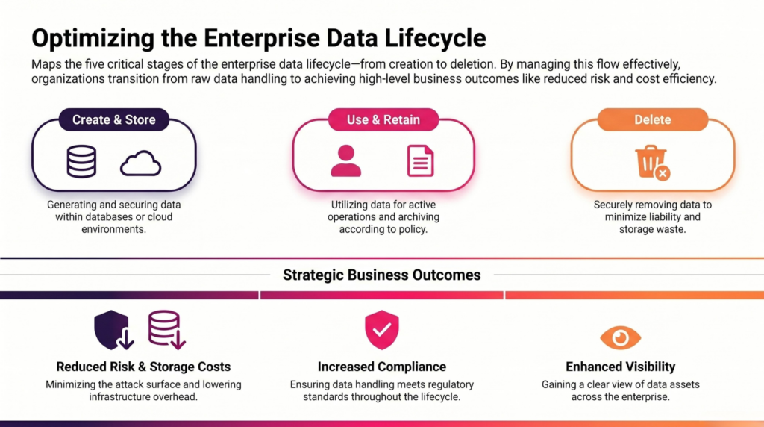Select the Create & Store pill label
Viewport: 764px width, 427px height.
[x=114, y=119]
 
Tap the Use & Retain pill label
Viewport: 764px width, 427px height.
[x=383, y=119]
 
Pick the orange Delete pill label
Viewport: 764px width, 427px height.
[x=652, y=119]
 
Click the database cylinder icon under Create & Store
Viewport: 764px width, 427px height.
[x=81, y=161]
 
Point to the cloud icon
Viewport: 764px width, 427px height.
[x=141, y=163]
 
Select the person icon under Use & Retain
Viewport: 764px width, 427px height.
[x=346, y=160]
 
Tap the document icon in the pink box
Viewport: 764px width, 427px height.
[x=421, y=160]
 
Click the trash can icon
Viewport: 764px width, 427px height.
[x=651, y=160]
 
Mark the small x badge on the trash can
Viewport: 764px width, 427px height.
[x=663, y=173]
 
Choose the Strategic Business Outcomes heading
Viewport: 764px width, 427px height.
[x=382, y=275]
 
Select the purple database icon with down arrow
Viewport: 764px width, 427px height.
[x=166, y=330]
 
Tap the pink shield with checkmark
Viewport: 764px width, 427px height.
[x=382, y=330]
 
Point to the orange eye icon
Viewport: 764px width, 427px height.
[x=620, y=337]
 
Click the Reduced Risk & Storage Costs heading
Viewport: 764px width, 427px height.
[x=143, y=367]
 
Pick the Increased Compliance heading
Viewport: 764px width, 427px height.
[x=382, y=367]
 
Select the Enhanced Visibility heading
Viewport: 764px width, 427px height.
[x=620, y=367]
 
